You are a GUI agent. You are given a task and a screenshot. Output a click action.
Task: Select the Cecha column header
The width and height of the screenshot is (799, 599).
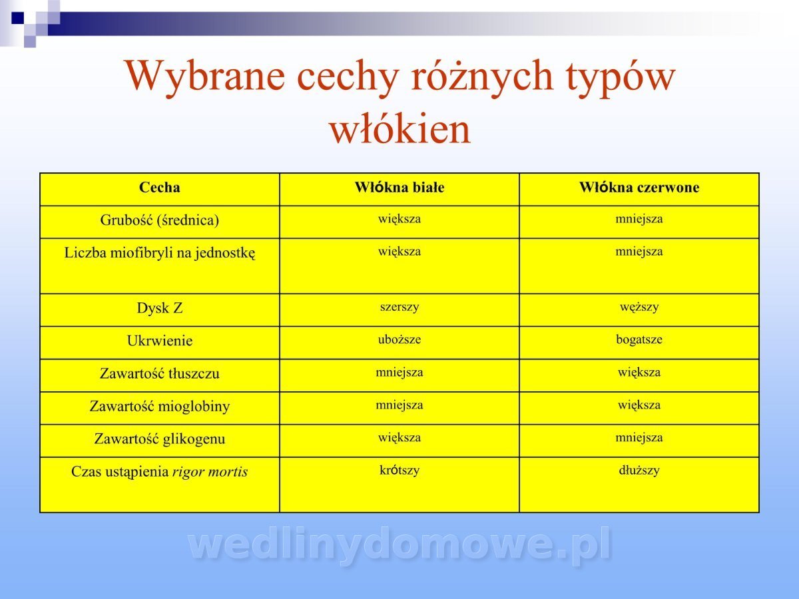click(159, 187)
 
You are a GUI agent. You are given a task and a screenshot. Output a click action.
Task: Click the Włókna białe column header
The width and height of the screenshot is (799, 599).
click(400, 187)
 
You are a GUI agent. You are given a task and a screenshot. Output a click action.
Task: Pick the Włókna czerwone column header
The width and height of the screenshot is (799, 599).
click(639, 187)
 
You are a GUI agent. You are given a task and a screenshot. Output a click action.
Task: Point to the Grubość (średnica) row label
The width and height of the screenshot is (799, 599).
click(159, 220)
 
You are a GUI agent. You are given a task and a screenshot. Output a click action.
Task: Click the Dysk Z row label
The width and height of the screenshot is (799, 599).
click(159, 308)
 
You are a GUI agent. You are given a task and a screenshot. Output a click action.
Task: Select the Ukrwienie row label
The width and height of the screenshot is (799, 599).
click(159, 341)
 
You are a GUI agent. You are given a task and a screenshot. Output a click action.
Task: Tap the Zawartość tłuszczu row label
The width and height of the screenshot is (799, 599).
click(159, 373)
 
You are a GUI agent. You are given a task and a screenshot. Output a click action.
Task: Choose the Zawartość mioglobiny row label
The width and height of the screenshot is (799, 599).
click(159, 407)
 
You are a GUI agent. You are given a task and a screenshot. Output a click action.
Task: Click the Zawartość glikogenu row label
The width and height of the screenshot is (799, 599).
click(159, 439)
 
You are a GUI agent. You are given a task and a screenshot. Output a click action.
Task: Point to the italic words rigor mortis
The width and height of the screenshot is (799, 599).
click(210, 472)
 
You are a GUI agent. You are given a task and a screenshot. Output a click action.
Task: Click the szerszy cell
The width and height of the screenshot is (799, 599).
click(400, 307)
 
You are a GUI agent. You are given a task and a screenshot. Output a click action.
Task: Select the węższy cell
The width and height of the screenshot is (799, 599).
click(639, 307)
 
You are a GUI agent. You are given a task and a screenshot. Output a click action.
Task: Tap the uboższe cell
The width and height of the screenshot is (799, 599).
click(400, 339)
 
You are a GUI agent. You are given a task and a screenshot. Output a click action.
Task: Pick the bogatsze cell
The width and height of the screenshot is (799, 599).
click(639, 339)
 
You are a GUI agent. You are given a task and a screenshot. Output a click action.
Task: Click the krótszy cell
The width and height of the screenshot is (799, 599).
click(400, 471)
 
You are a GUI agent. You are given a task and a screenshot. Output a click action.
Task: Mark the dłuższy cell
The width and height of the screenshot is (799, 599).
click(639, 471)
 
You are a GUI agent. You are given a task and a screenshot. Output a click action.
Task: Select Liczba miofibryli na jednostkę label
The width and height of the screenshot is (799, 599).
click(159, 253)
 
